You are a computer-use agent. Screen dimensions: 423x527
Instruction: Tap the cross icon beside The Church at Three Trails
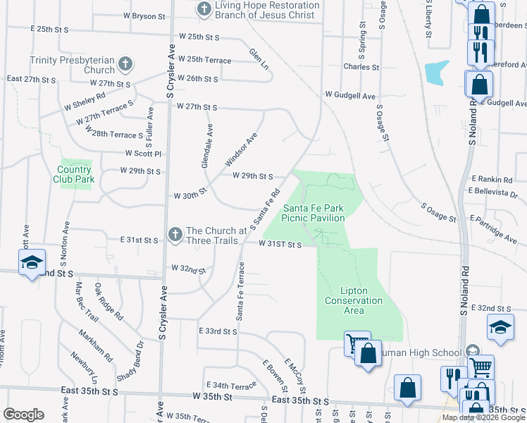(175, 233)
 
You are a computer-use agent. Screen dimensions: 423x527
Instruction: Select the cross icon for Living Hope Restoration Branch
(204, 9)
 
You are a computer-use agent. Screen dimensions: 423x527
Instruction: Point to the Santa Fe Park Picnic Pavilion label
(314, 213)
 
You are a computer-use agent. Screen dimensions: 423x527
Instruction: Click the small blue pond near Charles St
(436, 72)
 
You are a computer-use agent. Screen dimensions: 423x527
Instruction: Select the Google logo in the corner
(23, 414)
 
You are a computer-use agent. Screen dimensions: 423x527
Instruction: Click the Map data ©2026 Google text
(483, 417)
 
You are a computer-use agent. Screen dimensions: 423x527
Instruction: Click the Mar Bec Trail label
(83, 303)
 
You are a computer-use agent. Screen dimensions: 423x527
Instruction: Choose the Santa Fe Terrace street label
(240, 290)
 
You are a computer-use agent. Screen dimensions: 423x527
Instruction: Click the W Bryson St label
(147, 15)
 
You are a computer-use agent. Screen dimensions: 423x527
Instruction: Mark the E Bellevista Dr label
(492, 192)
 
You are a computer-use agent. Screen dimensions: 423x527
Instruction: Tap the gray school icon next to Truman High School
(471, 350)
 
